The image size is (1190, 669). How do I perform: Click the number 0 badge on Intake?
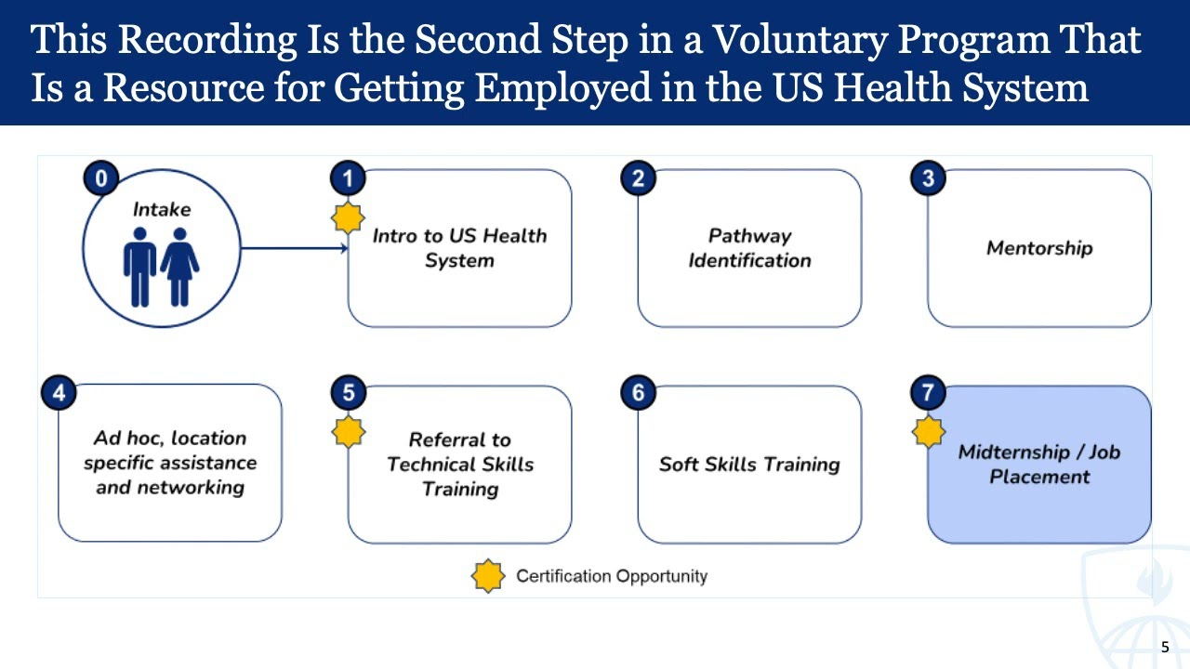tap(100, 177)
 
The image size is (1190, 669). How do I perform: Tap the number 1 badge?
tap(349, 177)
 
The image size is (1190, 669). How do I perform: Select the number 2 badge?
tap(638, 177)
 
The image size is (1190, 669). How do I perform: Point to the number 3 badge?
tap(928, 177)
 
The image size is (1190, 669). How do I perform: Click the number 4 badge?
tap(59, 392)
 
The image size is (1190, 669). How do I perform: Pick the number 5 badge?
tap(349, 392)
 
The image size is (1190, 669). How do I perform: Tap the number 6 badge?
tap(638, 392)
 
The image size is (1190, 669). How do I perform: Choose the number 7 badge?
tap(928, 392)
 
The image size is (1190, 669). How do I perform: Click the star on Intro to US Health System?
tap(349, 218)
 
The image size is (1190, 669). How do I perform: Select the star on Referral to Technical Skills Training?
tap(349, 432)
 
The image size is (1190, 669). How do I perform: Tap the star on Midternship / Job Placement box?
tap(928, 432)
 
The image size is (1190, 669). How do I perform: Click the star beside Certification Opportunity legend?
tap(488, 576)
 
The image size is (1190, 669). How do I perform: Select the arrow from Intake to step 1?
tap(294, 248)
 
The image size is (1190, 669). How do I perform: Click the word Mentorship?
tap(1039, 248)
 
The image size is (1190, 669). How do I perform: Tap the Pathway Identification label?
tap(749, 248)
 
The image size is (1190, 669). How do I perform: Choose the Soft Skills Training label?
tap(749, 464)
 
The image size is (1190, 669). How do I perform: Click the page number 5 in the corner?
tap(1165, 648)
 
